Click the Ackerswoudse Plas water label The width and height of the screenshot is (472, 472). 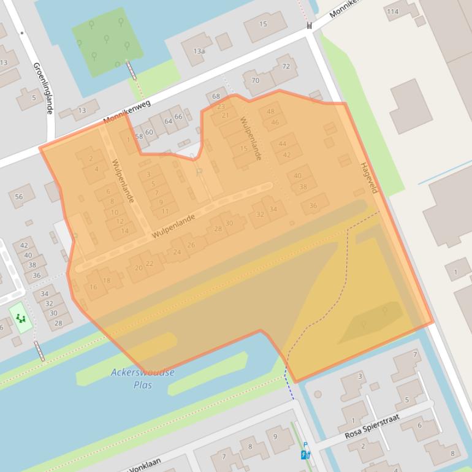tap(143, 378)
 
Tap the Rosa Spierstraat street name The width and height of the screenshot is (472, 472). tap(372, 426)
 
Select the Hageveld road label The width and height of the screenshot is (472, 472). tap(368, 178)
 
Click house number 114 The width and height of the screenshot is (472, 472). tap(392, 12)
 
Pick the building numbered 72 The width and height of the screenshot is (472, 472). tap(286, 66)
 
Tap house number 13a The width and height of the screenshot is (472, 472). tap(199, 51)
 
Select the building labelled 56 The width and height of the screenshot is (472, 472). tap(19, 197)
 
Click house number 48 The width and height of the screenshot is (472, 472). tap(271, 112)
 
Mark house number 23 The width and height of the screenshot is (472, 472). tap(221, 107)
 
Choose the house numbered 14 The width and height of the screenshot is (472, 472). tap(124, 230)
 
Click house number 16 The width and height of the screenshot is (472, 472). tap(93, 287)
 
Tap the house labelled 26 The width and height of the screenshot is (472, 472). tap(191, 245)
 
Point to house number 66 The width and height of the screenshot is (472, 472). tap(178, 116)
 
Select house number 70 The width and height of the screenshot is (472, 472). tap(256, 80)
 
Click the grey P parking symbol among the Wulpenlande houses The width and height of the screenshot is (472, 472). tap(199, 172)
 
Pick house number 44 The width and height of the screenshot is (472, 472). tap(282, 144)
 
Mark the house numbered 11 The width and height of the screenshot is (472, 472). tap(165, 211)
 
